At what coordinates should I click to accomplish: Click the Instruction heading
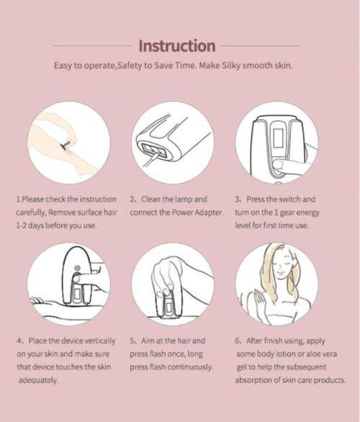tap(177, 46)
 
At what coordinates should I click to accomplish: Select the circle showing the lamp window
tap(174, 141)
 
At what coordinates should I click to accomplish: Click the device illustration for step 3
tap(277, 144)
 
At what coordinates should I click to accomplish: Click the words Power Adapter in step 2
tap(197, 212)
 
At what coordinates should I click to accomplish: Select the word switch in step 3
tap(286, 199)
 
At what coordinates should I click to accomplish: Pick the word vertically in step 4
tap(100, 340)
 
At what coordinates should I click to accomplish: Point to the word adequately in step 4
tap(37, 380)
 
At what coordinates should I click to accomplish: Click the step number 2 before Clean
tap(133, 199)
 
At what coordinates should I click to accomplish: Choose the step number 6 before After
tap(238, 340)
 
